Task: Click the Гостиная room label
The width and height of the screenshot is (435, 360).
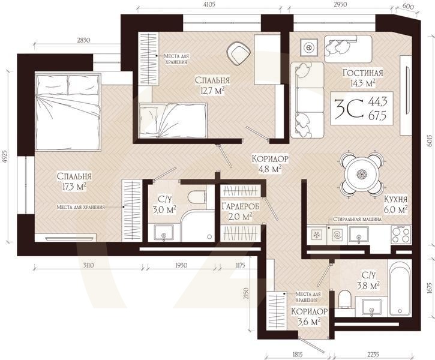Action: (x=363, y=73)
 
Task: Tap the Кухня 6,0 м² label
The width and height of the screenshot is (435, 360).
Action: (x=395, y=204)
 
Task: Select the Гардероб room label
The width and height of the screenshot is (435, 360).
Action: (x=241, y=206)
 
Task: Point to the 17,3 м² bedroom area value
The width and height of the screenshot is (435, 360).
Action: (x=74, y=187)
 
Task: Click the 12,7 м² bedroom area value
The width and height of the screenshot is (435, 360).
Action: (x=212, y=91)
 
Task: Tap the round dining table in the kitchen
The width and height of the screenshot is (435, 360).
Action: (x=361, y=174)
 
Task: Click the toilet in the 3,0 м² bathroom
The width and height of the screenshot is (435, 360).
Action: (x=197, y=197)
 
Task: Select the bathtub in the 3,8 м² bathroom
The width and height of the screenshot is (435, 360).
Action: (x=400, y=289)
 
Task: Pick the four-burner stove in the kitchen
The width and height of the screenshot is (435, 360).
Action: (x=401, y=235)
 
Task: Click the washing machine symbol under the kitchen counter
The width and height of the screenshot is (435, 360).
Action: (x=337, y=235)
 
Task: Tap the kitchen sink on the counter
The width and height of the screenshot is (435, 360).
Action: (x=358, y=235)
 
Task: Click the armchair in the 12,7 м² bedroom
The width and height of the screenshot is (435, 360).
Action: (x=239, y=53)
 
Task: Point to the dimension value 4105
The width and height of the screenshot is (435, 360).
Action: (x=209, y=4)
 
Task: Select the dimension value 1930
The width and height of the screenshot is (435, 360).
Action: (x=181, y=265)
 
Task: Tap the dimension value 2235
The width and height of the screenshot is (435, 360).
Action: (x=373, y=355)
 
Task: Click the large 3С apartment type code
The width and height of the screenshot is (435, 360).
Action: (x=349, y=109)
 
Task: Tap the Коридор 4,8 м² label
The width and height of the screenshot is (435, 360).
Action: (x=270, y=163)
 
